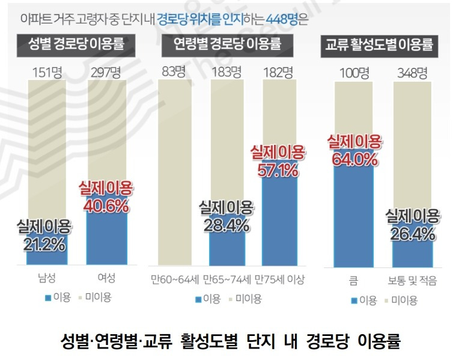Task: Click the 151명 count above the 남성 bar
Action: (x=46, y=73)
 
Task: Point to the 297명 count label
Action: (x=106, y=73)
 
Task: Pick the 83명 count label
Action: (x=174, y=73)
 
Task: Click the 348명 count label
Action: (x=412, y=73)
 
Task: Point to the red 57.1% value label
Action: (x=278, y=171)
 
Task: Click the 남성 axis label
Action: (x=46, y=279)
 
